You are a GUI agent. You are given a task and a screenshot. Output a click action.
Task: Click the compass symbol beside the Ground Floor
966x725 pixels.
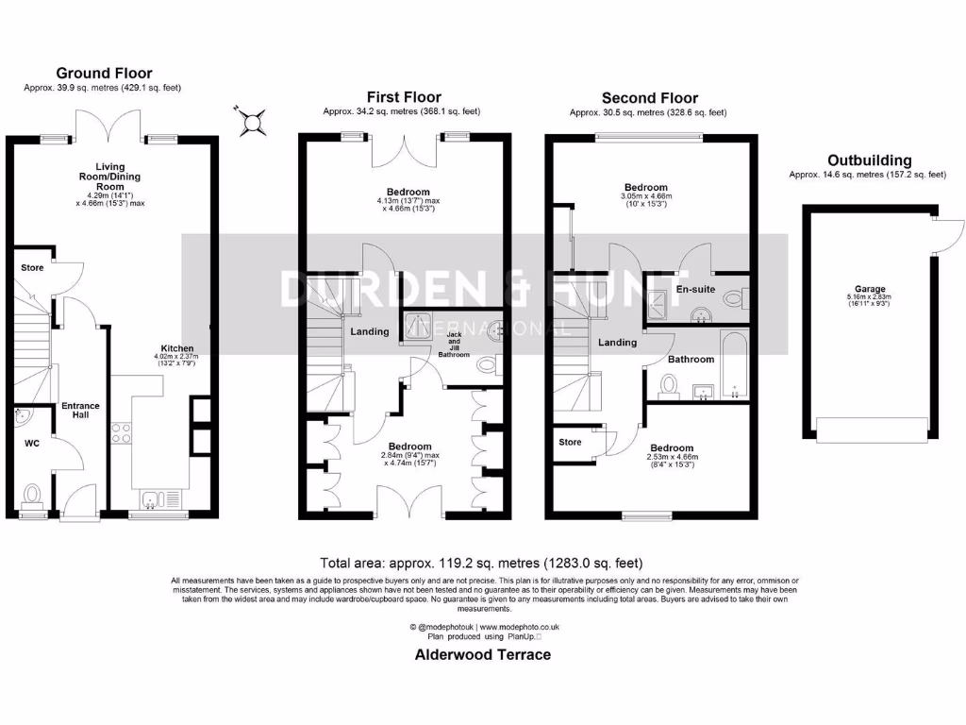click(x=253, y=120)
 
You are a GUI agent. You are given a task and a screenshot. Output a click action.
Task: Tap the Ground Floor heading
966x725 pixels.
click(x=104, y=73)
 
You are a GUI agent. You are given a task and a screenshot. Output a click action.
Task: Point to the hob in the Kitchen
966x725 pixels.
click(x=122, y=432)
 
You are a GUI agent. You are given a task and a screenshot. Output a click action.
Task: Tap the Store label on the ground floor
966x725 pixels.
click(x=32, y=268)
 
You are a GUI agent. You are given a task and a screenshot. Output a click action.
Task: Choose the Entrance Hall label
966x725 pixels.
click(x=80, y=411)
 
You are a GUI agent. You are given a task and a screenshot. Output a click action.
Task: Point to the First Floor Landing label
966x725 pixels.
click(x=370, y=331)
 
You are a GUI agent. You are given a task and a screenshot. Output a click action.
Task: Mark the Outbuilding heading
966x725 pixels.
click(x=869, y=160)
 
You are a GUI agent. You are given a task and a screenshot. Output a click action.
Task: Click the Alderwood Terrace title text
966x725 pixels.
click(x=483, y=654)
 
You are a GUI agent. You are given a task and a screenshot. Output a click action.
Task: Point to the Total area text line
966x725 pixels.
click(x=482, y=561)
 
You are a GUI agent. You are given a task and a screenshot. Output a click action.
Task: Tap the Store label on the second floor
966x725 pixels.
click(x=570, y=441)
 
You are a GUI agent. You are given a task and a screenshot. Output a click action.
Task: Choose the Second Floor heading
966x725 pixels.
click(x=650, y=97)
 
